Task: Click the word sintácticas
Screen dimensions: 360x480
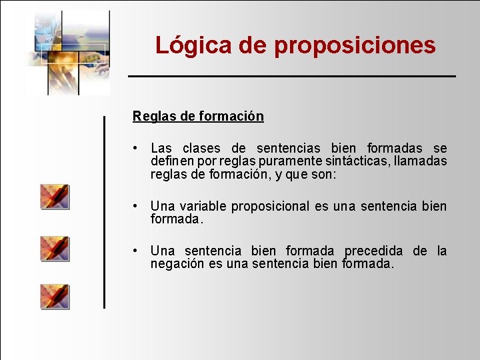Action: [x=358, y=161]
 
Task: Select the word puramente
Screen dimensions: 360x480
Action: [x=290, y=161]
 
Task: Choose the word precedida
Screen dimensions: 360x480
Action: [x=373, y=251]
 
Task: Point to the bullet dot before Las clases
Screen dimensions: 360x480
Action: [x=135, y=148]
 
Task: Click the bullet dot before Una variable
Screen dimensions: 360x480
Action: [x=135, y=207]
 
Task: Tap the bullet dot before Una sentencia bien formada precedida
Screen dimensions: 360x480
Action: [x=135, y=251]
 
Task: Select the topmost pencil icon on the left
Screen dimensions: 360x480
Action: [x=55, y=197]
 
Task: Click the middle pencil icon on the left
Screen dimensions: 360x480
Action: [x=55, y=248]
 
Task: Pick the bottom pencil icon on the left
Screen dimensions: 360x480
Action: [x=55, y=296]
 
